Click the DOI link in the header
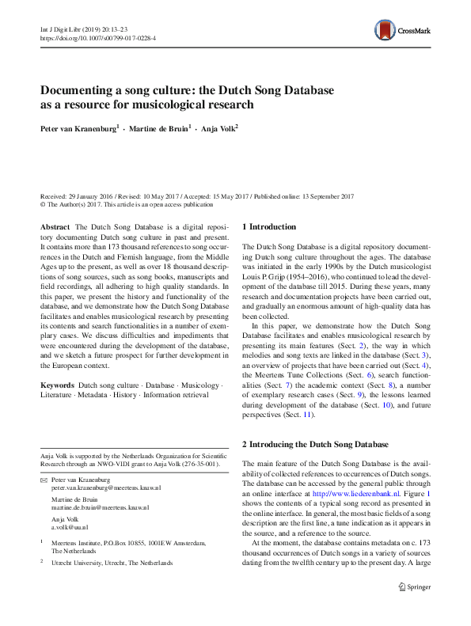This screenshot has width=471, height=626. (x=97, y=37)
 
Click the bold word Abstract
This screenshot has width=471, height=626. (x=55, y=227)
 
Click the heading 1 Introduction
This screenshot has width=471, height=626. (x=268, y=227)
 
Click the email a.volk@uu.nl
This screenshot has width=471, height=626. (x=70, y=525)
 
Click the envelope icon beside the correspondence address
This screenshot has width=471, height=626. (x=44, y=480)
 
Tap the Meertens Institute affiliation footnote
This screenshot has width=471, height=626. (x=127, y=543)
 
